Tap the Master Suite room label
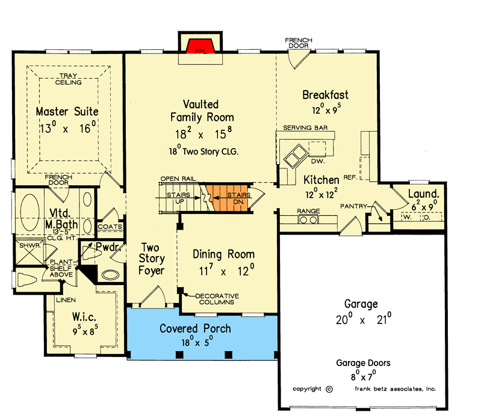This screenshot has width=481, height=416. (67, 112)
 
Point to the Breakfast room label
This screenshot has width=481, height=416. (325, 95)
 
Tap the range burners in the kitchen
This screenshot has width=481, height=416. (308, 220)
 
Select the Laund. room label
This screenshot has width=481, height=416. (423, 194)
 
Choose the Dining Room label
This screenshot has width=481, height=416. (223, 254)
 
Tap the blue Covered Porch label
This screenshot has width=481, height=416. (195, 329)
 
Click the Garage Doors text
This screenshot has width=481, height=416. (363, 362)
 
